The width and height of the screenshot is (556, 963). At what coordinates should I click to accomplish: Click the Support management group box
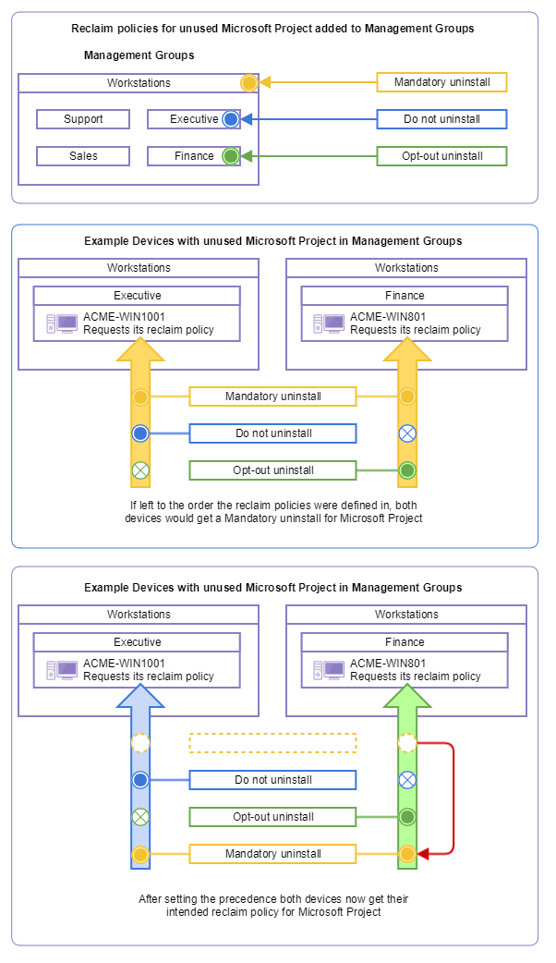pos(83,119)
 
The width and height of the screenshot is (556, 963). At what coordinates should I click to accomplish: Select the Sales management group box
pos(83,156)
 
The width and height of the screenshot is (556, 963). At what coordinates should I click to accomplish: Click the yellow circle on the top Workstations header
pos(248,83)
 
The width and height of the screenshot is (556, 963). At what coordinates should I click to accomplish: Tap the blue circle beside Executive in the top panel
pos(230,119)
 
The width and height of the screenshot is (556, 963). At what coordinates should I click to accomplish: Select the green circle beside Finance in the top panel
pos(230,156)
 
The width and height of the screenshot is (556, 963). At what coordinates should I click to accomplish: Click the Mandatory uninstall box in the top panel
pos(441,82)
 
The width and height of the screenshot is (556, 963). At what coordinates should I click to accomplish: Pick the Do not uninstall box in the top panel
pos(441,119)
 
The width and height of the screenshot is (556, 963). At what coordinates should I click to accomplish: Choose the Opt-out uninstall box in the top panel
pos(441,156)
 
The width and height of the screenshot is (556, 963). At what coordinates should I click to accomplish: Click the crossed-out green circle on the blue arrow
pos(140,817)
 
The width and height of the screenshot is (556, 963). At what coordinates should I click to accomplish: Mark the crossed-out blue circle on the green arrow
pos(407,780)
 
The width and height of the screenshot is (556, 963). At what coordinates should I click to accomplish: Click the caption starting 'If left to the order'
pos(273,512)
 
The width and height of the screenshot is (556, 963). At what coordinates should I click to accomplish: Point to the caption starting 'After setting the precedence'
pos(273,905)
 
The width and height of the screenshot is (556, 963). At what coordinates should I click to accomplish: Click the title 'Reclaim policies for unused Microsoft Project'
pos(272,29)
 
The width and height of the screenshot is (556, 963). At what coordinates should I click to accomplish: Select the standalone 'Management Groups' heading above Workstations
pos(139,55)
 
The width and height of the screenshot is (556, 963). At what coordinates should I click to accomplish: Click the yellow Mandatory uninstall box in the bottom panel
pos(272,854)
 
